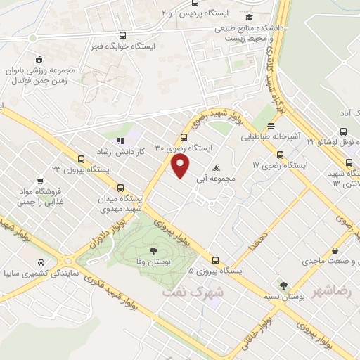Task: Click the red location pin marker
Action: click(181, 166)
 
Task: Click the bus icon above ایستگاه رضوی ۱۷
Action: click(279, 155)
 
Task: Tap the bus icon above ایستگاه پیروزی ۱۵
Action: click(216, 259)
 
